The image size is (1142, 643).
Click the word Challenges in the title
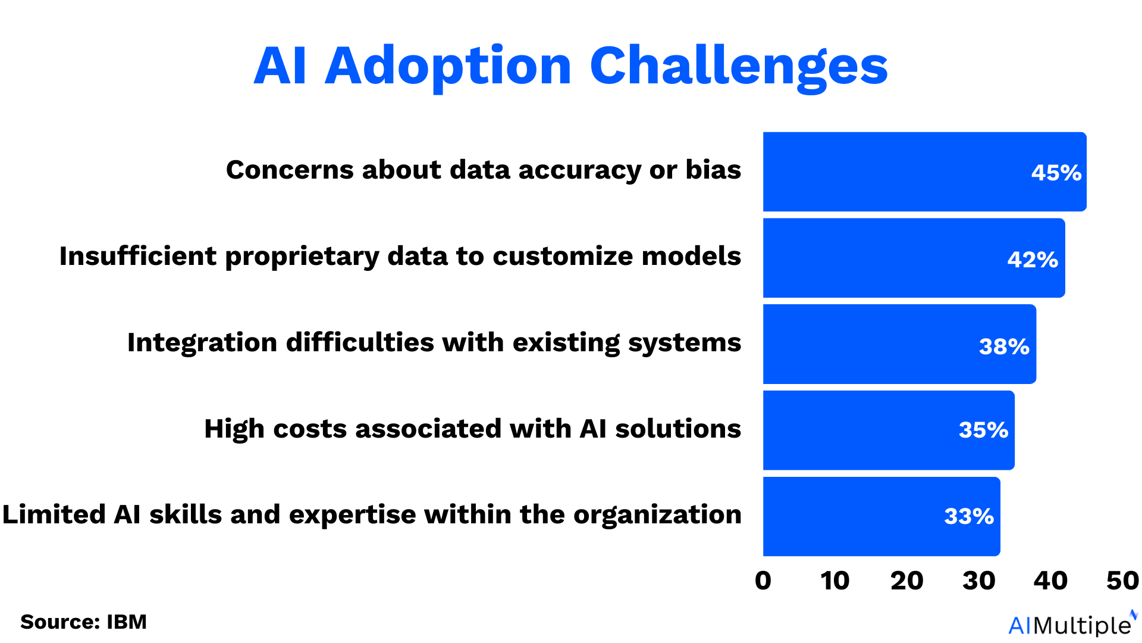pyautogui.click(x=738, y=67)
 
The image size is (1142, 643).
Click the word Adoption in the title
pyautogui.click(x=448, y=67)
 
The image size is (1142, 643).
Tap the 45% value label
pyautogui.click(x=1056, y=173)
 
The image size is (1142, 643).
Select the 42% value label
pyautogui.click(x=1032, y=260)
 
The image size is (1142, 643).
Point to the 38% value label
pyautogui.click(x=1003, y=347)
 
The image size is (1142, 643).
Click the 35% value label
pyautogui.click(x=983, y=430)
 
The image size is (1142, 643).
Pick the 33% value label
pyautogui.click(x=968, y=516)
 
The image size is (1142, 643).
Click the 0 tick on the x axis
pyautogui.click(x=763, y=580)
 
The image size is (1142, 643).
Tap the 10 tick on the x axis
pyautogui.click(x=834, y=580)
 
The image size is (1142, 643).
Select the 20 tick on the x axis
pyautogui.click(x=906, y=580)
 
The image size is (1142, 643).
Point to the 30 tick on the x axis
pyautogui.click(x=978, y=580)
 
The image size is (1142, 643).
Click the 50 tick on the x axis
pyautogui.click(x=1122, y=580)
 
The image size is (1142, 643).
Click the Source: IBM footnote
pyautogui.click(x=83, y=622)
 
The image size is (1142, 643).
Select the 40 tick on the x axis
pyautogui.click(x=1050, y=580)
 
